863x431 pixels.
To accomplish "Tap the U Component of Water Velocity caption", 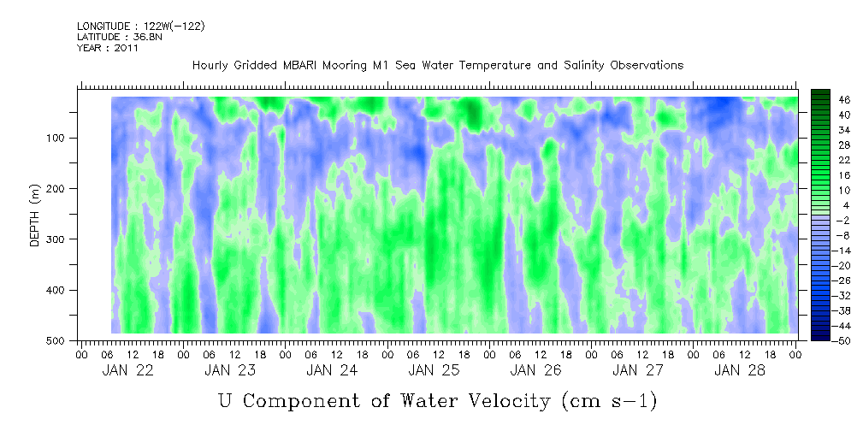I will pos(437,401).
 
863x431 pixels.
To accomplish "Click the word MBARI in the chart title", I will pos(306,65).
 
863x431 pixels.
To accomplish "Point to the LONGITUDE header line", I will pos(140,27).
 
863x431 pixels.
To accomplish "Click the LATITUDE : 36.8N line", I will pos(119,37).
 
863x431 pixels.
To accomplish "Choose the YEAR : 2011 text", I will pos(108,48).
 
